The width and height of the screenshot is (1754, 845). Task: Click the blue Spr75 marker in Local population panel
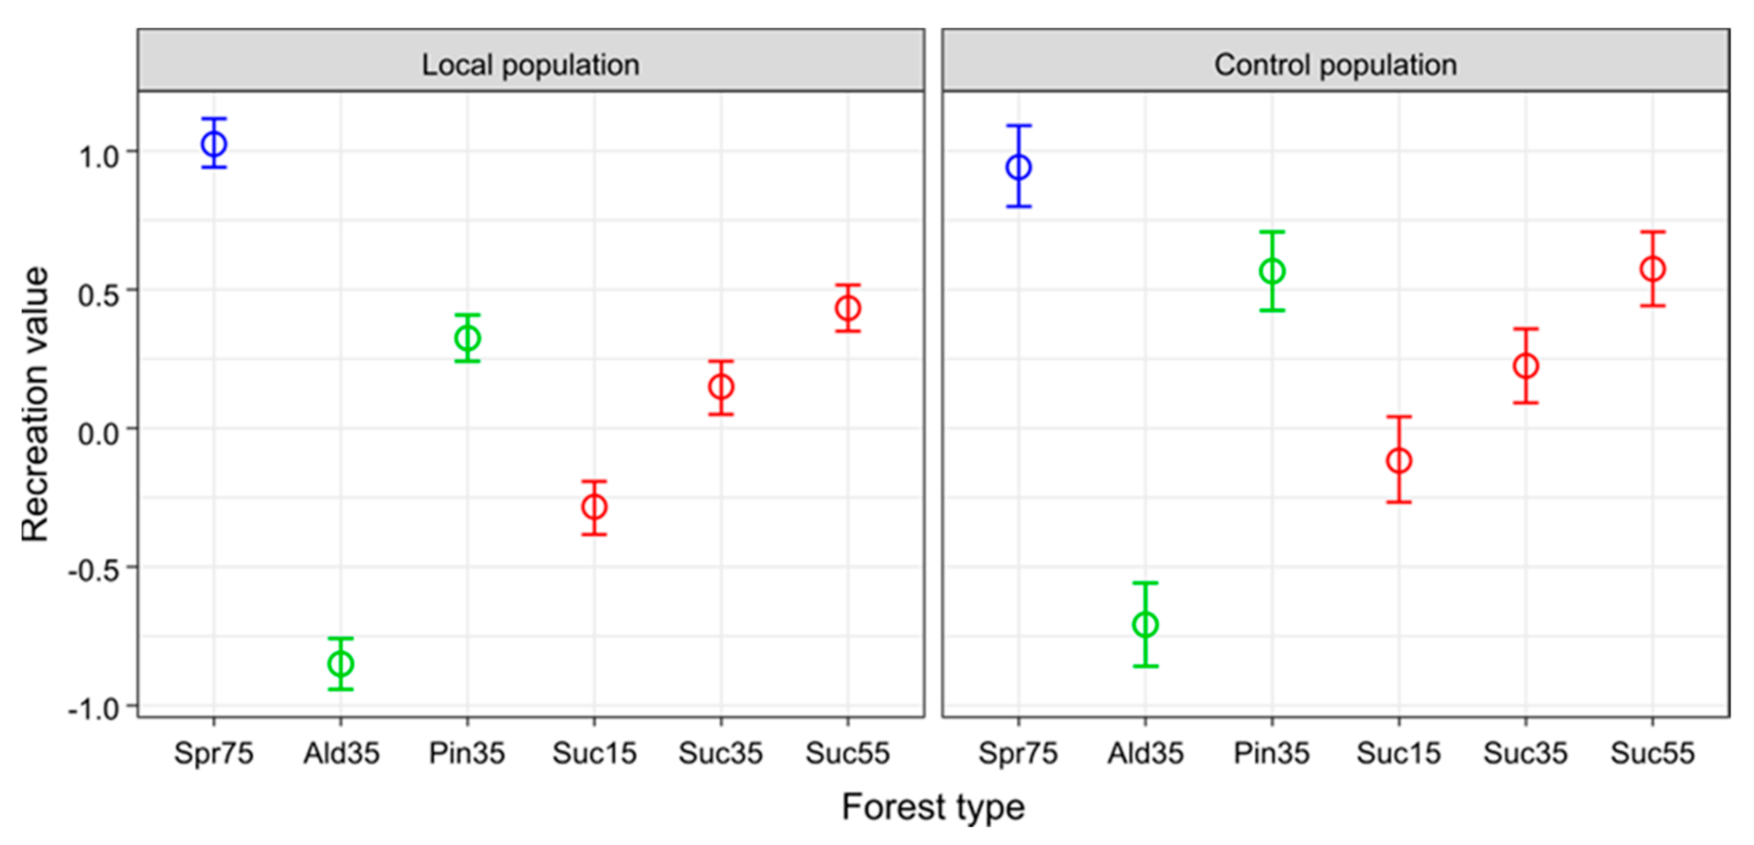coord(214,144)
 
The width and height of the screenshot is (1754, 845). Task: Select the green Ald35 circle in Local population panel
coord(340,663)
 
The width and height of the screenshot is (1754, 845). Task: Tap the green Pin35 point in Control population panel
coord(1272,271)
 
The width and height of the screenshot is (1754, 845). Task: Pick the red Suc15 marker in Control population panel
coord(1398,461)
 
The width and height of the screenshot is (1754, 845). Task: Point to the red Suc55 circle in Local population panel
coord(848,308)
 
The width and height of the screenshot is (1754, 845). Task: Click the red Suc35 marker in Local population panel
coord(721,388)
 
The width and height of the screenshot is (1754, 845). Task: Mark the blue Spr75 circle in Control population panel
coord(1019,167)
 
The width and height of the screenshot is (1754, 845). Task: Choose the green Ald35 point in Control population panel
coord(1145,624)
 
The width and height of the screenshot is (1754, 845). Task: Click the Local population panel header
coord(531,65)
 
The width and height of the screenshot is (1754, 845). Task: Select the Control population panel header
coord(1336,65)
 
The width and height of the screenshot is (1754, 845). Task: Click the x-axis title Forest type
coord(933,808)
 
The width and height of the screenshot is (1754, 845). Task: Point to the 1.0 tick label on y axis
coord(100,156)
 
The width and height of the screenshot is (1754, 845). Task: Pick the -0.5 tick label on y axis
coord(94,571)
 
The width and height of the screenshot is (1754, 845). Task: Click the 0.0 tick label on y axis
coord(100,433)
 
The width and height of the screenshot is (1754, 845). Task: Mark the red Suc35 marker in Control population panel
coord(1526,366)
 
